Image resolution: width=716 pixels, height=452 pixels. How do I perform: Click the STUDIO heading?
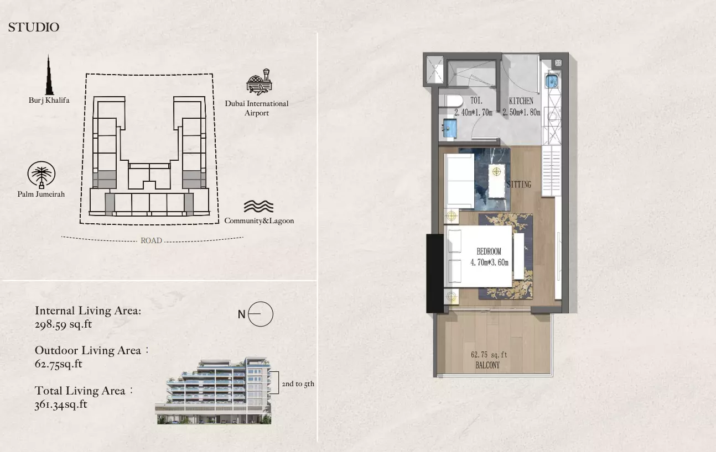point(34,27)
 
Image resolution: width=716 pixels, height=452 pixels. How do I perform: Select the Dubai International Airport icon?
point(259,82)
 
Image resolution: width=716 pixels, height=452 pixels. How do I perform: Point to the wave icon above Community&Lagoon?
point(258,206)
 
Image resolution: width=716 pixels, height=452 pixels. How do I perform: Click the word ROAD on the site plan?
point(151,240)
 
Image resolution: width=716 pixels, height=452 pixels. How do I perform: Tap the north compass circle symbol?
point(261,314)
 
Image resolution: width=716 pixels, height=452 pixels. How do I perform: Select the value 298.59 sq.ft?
point(63,324)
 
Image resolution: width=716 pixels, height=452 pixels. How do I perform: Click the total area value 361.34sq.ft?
point(61,404)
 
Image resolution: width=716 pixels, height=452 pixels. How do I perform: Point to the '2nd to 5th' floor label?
point(298,383)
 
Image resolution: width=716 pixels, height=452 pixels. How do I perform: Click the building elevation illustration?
point(213,391)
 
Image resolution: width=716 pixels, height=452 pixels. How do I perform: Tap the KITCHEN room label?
point(521,101)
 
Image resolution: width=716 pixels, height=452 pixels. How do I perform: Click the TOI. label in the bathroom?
point(476,101)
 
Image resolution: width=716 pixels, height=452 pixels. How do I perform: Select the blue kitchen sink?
point(552,81)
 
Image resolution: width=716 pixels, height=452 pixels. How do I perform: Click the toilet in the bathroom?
point(451,101)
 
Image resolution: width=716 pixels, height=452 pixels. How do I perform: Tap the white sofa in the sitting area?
point(459,181)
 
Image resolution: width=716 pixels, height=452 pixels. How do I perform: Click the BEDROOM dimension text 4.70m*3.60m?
point(489,262)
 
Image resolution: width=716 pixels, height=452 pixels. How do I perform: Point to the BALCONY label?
point(487,365)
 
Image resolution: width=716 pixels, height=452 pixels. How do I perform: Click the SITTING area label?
point(519,184)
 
